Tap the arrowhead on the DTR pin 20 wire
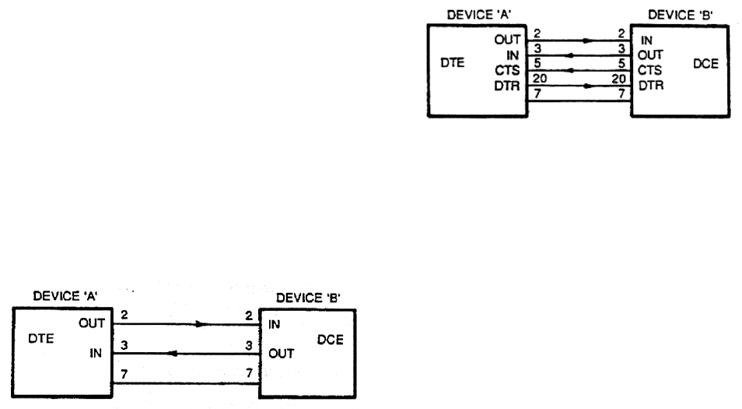click(x=583, y=83)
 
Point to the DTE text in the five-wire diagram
click(x=453, y=64)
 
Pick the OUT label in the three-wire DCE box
click(x=282, y=354)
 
